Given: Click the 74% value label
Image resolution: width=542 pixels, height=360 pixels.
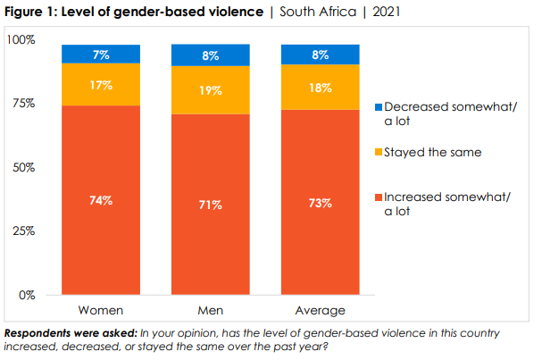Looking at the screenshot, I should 101,200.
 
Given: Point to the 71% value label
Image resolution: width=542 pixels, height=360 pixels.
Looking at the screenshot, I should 211,205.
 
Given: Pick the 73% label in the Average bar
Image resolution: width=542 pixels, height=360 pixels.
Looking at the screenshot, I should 321,203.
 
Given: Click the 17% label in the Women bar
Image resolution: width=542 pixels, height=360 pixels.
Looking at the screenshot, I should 101,87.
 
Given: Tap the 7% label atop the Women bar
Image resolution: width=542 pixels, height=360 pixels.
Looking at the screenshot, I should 101,54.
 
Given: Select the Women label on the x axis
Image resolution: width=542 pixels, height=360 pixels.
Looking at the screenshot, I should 101,311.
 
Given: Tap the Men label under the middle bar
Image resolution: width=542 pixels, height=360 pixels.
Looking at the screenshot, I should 211,311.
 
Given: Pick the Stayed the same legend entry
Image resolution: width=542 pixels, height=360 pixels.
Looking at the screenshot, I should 432,153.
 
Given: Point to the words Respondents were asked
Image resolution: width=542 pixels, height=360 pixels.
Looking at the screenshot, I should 63,333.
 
